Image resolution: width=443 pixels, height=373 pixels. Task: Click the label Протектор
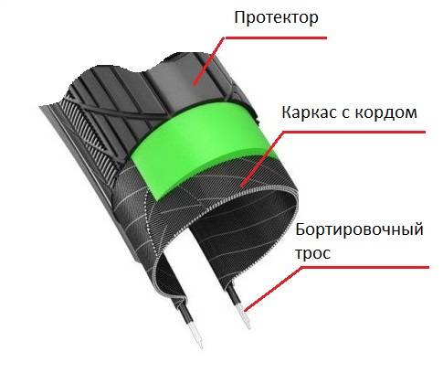pos(276,18)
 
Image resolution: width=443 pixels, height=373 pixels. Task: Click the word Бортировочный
pos(359,230)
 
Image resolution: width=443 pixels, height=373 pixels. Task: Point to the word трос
pos(313,254)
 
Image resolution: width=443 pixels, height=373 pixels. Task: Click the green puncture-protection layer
pos(201,146)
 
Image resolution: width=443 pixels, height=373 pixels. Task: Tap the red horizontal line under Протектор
pos(276,38)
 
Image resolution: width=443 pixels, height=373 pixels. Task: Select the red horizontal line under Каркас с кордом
pos(353,132)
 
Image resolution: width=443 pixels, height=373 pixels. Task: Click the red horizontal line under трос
pos(365,268)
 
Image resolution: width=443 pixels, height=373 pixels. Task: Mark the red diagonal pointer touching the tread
pos(209,60)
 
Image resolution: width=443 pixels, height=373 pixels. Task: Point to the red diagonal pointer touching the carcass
pos(262,159)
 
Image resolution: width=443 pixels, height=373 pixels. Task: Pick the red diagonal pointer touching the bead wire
pos(273,289)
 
